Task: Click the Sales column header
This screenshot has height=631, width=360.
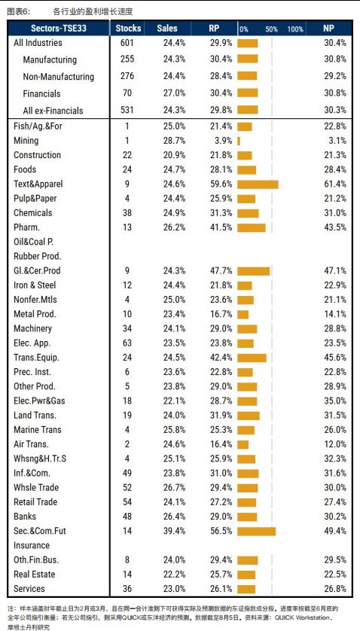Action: coord(166,28)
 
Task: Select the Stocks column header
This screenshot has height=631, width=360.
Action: coord(129,28)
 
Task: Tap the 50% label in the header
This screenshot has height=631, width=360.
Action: coord(271,29)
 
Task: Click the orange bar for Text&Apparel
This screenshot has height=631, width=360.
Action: coord(258,184)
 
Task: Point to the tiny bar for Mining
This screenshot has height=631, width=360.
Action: coord(239,141)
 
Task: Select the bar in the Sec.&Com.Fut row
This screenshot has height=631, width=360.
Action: coord(257,531)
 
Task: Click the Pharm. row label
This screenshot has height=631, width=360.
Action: coord(26,227)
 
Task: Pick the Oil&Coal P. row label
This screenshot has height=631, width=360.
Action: coord(33,242)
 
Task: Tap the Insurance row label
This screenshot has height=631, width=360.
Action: coord(32,546)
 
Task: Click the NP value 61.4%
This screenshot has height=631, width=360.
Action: coord(335,184)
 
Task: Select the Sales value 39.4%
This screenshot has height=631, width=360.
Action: coord(175,531)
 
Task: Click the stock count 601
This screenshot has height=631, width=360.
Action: coord(127,43)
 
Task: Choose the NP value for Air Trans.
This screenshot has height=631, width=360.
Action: coord(335,444)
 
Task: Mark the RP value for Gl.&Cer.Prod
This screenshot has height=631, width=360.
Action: coord(221,271)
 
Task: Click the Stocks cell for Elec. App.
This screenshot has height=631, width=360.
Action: coord(127,343)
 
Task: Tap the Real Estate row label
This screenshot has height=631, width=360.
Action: coord(34,575)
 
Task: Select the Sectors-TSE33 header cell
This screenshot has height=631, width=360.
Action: coord(59,28)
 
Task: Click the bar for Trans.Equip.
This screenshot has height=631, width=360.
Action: coord(252,358)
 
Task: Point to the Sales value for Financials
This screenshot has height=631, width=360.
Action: coord(175,93)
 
